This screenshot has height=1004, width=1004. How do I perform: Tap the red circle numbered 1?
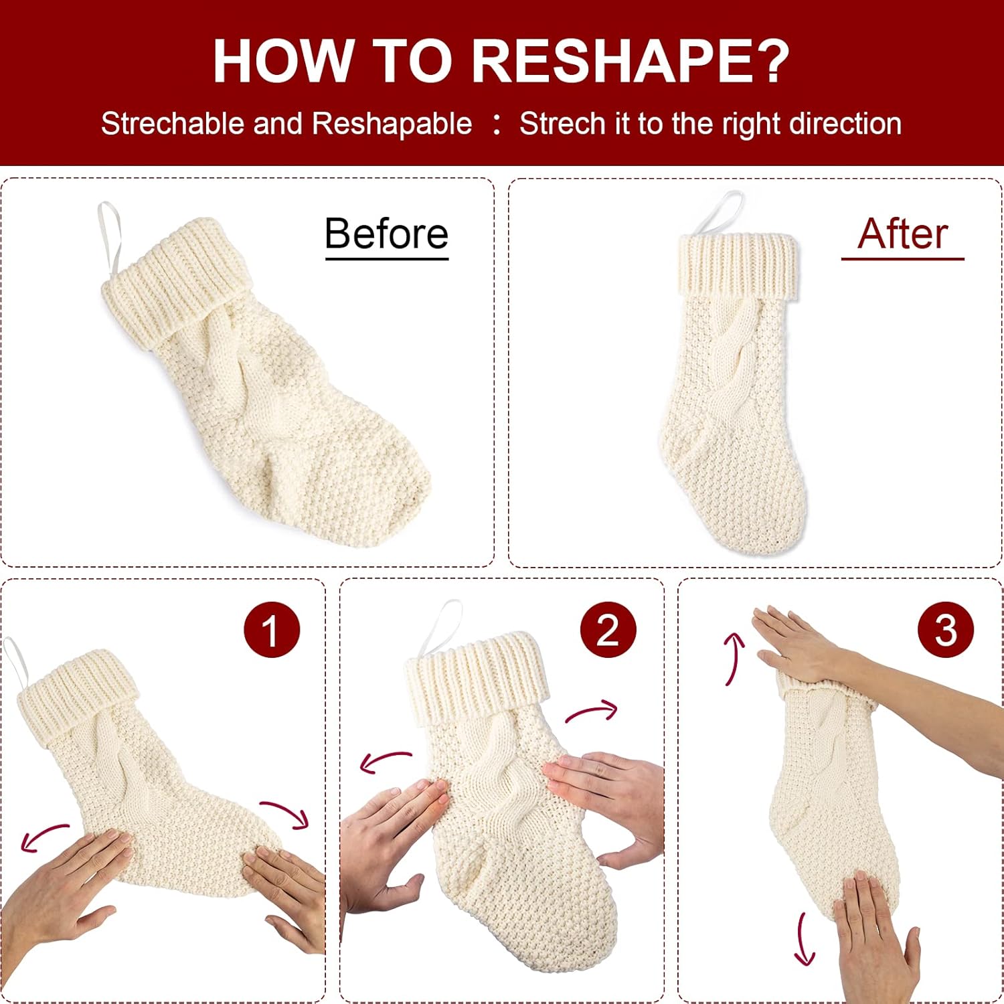272,629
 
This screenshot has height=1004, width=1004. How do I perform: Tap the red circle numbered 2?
608,629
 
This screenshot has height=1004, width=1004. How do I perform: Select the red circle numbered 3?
946,629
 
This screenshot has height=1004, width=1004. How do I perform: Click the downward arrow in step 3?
803,940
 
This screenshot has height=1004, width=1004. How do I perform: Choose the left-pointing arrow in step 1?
43,837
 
